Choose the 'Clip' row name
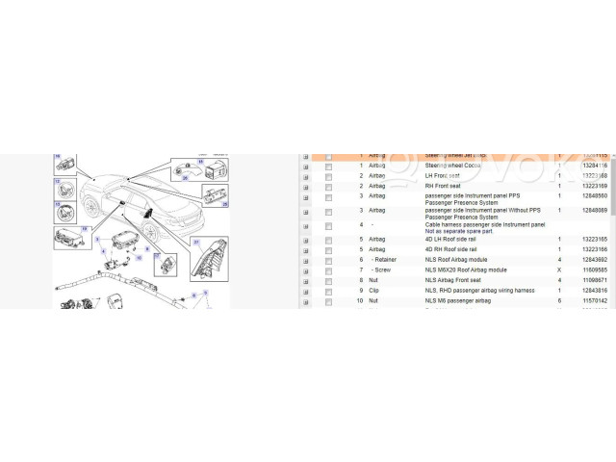point(374,290)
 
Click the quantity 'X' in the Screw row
point(559,269)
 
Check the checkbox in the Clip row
point(328,290)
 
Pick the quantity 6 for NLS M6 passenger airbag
point(559,300)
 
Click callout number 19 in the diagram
point(84,229)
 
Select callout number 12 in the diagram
point(57,180)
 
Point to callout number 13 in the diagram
point(58,205)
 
